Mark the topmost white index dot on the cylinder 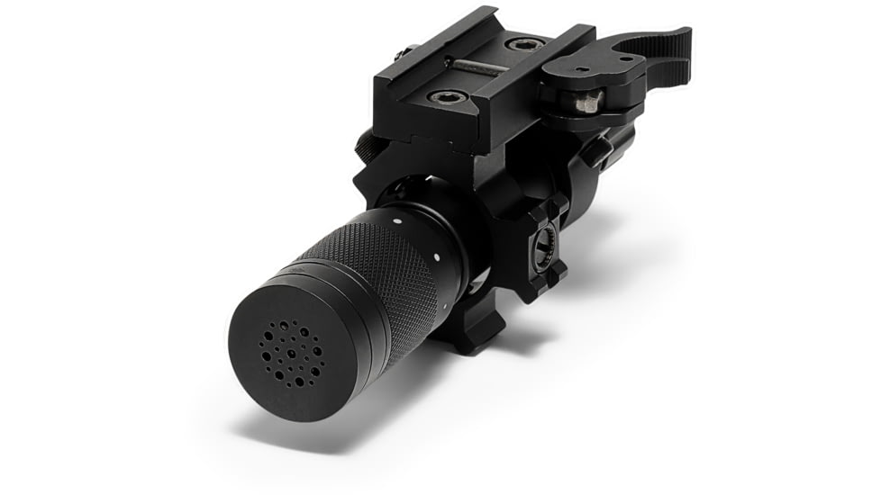[397, 214]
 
